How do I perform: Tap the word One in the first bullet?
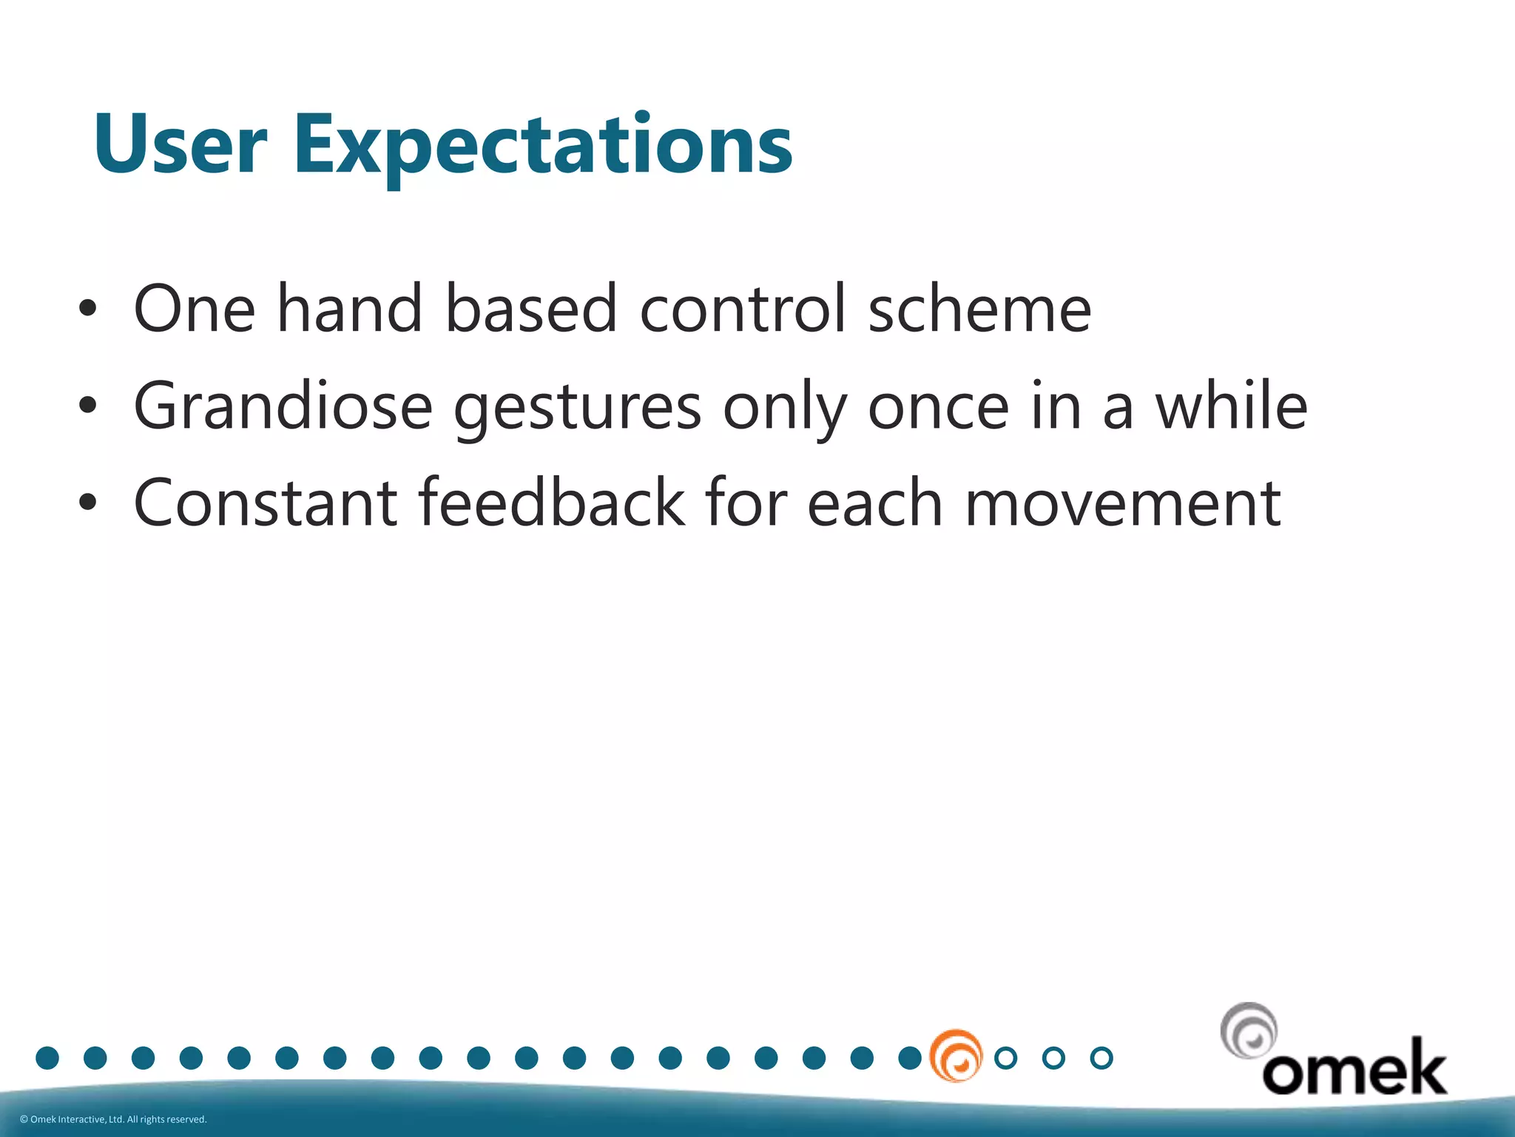tap(194, 309)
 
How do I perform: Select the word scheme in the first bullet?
tap(979, 309)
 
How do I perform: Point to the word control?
tap(742, 309)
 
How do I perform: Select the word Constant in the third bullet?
tap(266, 503)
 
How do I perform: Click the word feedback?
tap(552, 503)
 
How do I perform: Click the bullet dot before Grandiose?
tap(87, 405)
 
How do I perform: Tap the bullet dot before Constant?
tap(87, 503)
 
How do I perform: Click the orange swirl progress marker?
tap(956, 1056)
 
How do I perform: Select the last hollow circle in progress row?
tap(1101, 1058)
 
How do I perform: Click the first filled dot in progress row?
tap(47, 1058)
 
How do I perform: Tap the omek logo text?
tap(1354, 1068)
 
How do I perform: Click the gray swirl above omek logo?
tap(1249, 1030)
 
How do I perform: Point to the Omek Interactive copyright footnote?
tap(113, 1119)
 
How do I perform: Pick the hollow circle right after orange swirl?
tap(1006, 1058)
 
